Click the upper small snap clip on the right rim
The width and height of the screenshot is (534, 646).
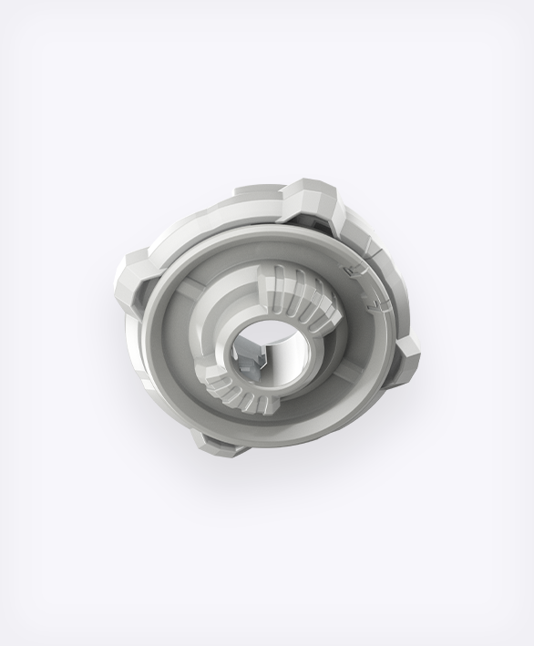click(x=350, y=270)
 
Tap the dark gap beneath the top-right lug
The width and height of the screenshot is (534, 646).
click(x=310, y=224)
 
